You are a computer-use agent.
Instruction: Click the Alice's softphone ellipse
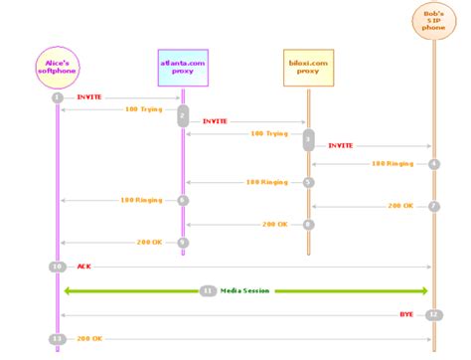click(58, 65)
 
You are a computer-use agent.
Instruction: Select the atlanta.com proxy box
click(182, 66)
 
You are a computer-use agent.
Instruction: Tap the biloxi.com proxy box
click(308, 66)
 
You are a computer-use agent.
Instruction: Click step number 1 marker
click(58, 98)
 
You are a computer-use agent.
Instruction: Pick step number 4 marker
click(434, 162)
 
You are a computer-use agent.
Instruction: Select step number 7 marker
click(434, 206)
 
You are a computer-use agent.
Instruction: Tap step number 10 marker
click(58, 267)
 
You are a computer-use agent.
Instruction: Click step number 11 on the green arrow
click(208, 290)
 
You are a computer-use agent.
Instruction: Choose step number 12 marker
click(433, 314)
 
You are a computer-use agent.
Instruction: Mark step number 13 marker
click(58, 339)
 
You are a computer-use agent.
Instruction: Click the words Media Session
click(244, 290)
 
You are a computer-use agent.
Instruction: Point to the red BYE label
click(406, 314)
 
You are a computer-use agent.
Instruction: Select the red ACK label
click(84, 267)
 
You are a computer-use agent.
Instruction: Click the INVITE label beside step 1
click(88, 98)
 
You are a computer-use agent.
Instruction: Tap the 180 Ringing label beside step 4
click(392, 162)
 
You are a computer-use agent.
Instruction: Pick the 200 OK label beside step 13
click(90, 339)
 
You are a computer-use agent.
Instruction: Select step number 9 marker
click(183, 242)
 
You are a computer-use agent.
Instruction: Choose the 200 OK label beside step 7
click(399, 206)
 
